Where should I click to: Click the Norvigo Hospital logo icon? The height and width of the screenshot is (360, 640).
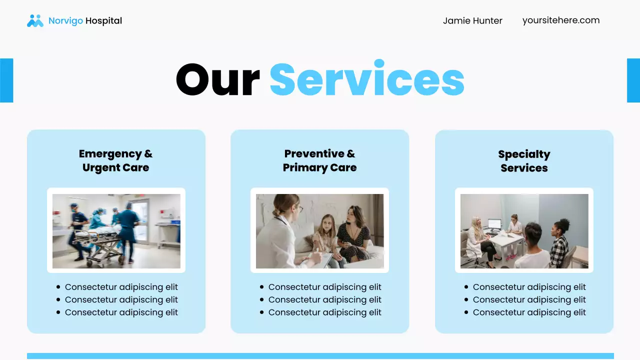pos(35,20)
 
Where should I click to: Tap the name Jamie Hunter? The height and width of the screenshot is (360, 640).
pos(472,20)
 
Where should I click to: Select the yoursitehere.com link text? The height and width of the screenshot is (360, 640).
pos(561,20)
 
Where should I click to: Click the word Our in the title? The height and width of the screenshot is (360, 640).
pos(217,80)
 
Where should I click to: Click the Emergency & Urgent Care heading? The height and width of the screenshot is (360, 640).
pos(116,160)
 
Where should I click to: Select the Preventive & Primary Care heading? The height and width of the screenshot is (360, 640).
pos(319,160)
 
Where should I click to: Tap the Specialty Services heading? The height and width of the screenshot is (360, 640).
pos(524,161)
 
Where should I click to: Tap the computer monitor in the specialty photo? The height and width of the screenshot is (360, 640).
pos(494,224)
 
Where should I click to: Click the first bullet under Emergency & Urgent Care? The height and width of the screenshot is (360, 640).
pos(121,287)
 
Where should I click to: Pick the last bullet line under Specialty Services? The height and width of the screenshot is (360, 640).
pos(529,312)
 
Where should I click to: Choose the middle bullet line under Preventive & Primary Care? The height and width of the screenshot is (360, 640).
pos(324,299)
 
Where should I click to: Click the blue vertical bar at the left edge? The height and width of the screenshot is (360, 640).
pos(6,80)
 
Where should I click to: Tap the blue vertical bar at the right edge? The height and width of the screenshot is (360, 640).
pos(633,80)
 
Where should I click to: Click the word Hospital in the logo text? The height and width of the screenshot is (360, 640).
pos(103,20)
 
